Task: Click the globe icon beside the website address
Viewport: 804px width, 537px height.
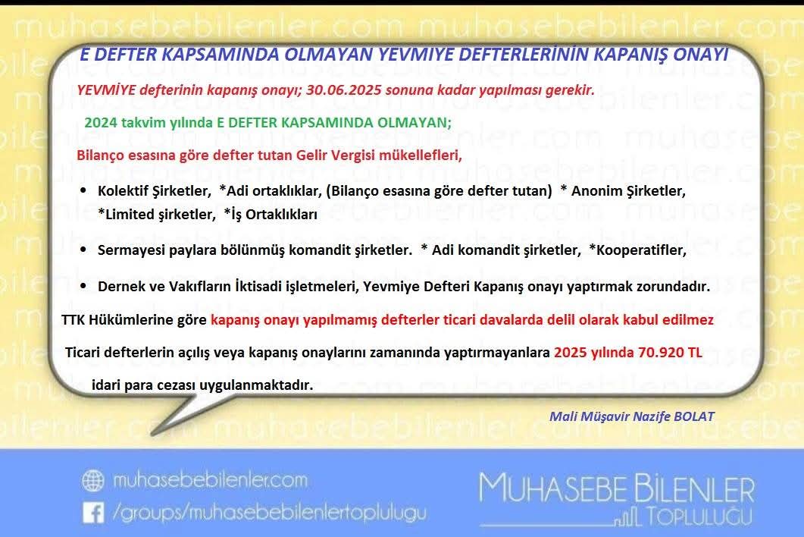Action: (x=93, y=481)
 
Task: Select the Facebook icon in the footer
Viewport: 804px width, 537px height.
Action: (x=93, y=513)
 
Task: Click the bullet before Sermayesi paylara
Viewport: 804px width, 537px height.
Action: (x=83, y=250)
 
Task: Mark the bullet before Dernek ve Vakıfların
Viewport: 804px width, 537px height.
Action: (x=83, y=287)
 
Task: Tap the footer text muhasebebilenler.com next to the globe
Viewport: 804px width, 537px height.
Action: (x=209, y=480)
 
